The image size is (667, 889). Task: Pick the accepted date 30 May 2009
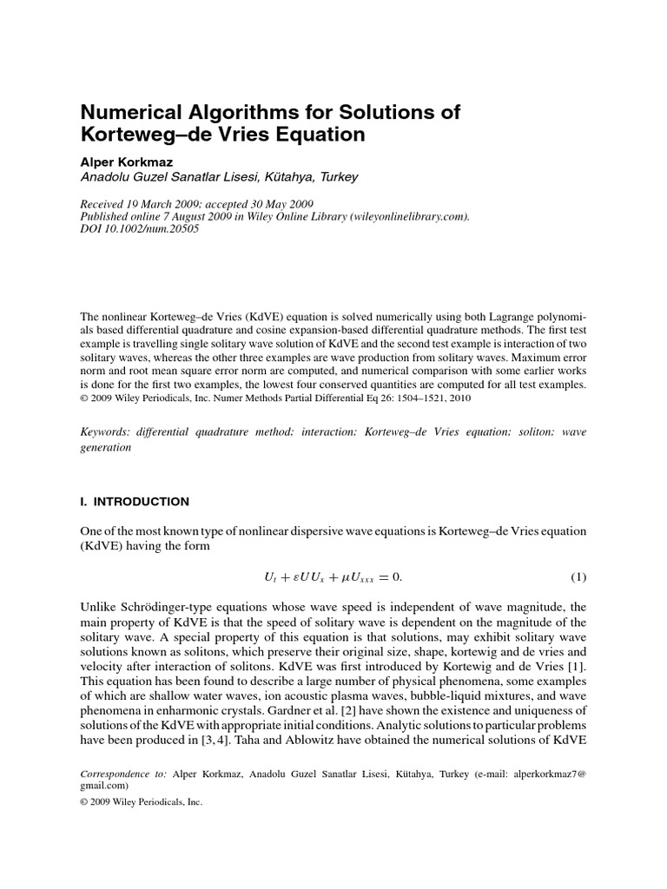[x=294, y=204]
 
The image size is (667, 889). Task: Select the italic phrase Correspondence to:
[x=123, y=771]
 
